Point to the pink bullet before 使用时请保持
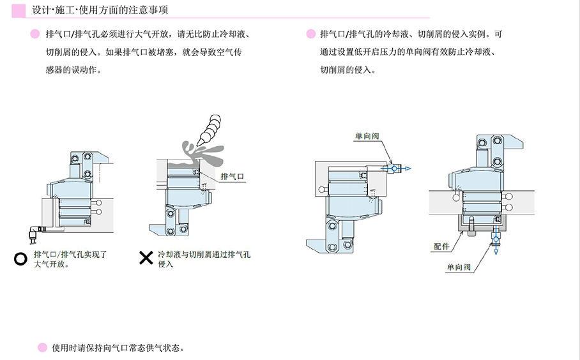(x=42, y=348)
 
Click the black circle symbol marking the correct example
(x=20, y=259)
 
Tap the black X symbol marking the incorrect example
(x=146, y=258)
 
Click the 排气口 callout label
(x=232, y=176)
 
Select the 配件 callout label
(x=441, y=246)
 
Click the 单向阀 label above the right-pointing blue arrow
(x=367, y=135)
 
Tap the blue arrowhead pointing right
(x=408, y=169)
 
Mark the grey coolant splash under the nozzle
(x=201, y=152)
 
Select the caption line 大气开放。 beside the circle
(x=51, y=264)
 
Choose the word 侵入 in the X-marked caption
(x=165, y=264)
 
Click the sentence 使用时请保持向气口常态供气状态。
(x=118, y=348)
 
